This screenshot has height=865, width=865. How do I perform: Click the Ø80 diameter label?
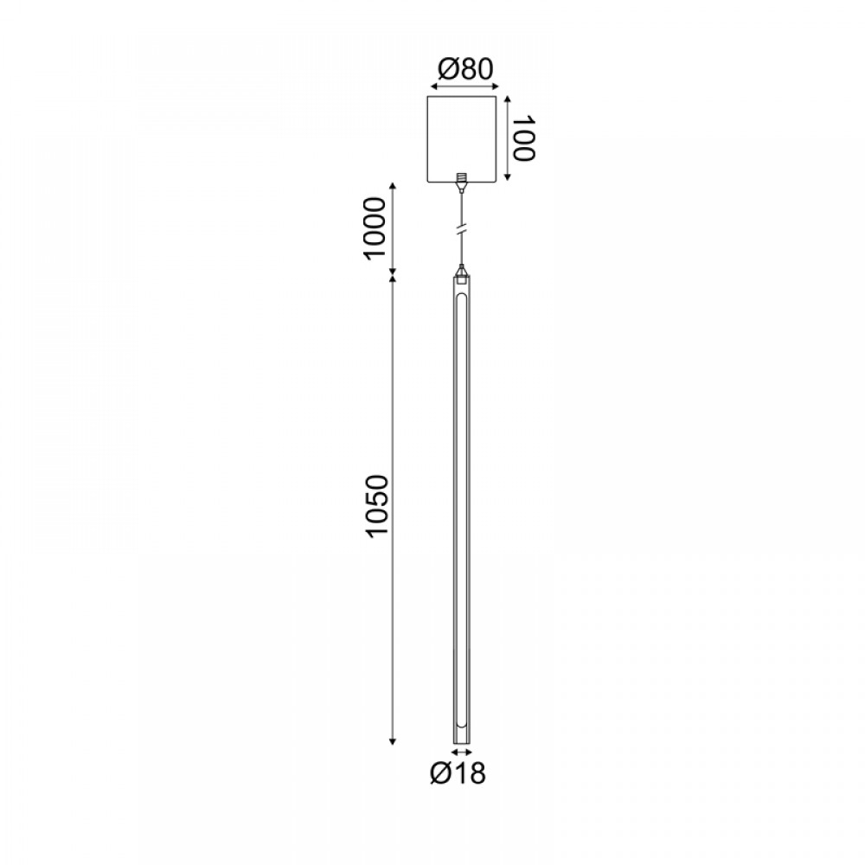click(465, 69)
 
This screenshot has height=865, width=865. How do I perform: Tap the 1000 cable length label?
click(376, 227)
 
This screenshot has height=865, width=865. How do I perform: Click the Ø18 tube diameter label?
click(458, 773)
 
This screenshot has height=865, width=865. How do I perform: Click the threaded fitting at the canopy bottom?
click(462, 179)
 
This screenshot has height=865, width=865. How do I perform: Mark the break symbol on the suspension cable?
click(462, 229)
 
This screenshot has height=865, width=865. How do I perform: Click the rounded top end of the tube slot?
click(462, 296)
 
